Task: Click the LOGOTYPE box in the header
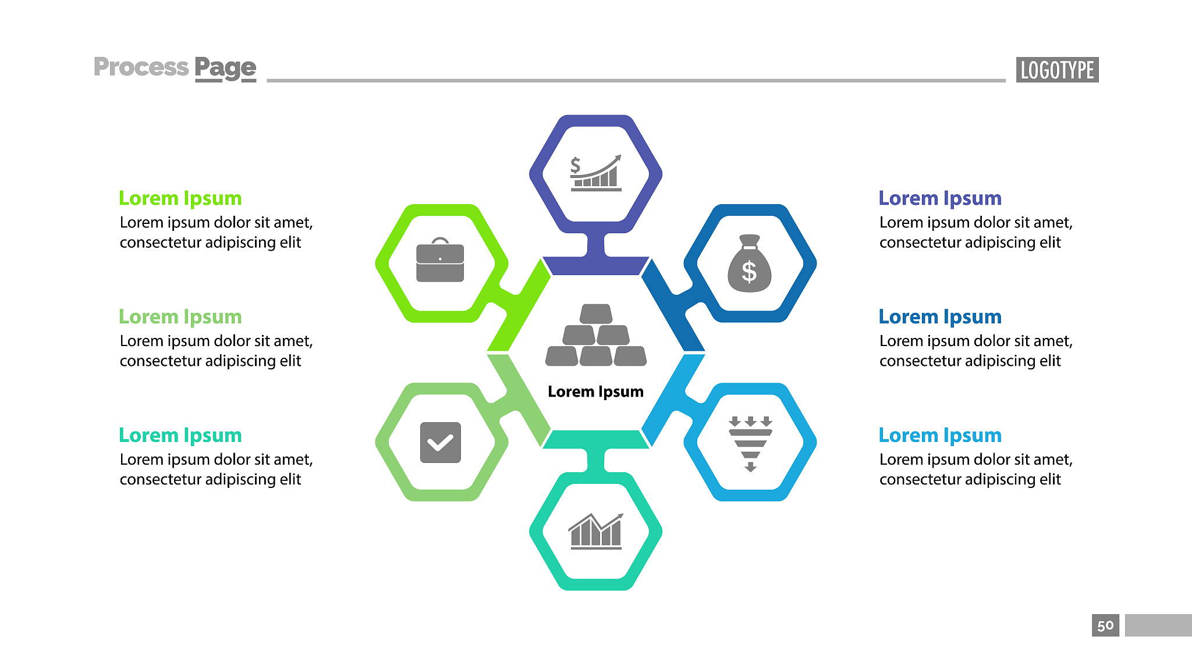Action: pos(1057,70)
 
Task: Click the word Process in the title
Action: pos(141,67)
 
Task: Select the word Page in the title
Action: pos(225,69)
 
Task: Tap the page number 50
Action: pos(1105,626)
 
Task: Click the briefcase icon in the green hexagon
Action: pos(440,260)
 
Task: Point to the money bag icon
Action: pos(750,263)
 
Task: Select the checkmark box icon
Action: pos(441,443)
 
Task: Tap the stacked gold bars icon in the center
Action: pos(596,335)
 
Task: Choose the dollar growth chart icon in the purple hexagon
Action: pos(596,173)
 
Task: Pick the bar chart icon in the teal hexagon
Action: pos(595,531)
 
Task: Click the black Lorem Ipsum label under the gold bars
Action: pos(595,392)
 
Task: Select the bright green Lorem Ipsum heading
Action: pos(180,198)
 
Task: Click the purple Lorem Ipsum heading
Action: pos(940,198)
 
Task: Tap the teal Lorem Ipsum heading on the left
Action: pos(180,436)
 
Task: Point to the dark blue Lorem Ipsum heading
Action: pos(940,317)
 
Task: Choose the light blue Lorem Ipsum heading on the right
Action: pos(940,436)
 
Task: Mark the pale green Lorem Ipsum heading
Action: pos(180,317)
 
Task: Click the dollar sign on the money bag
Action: pos(749,272)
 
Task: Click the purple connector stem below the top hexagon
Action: pos(596,245)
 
